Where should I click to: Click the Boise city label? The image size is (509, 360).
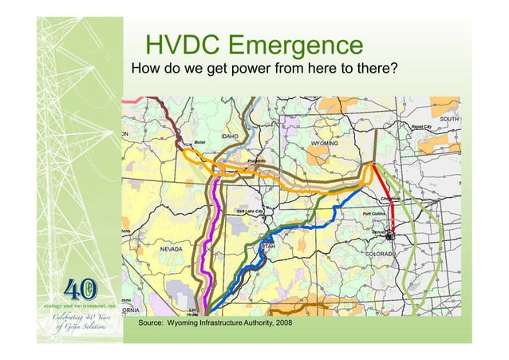pos(200,141)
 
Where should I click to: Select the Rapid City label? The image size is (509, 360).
pos(422,126)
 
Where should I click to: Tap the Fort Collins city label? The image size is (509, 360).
pos(377,214)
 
